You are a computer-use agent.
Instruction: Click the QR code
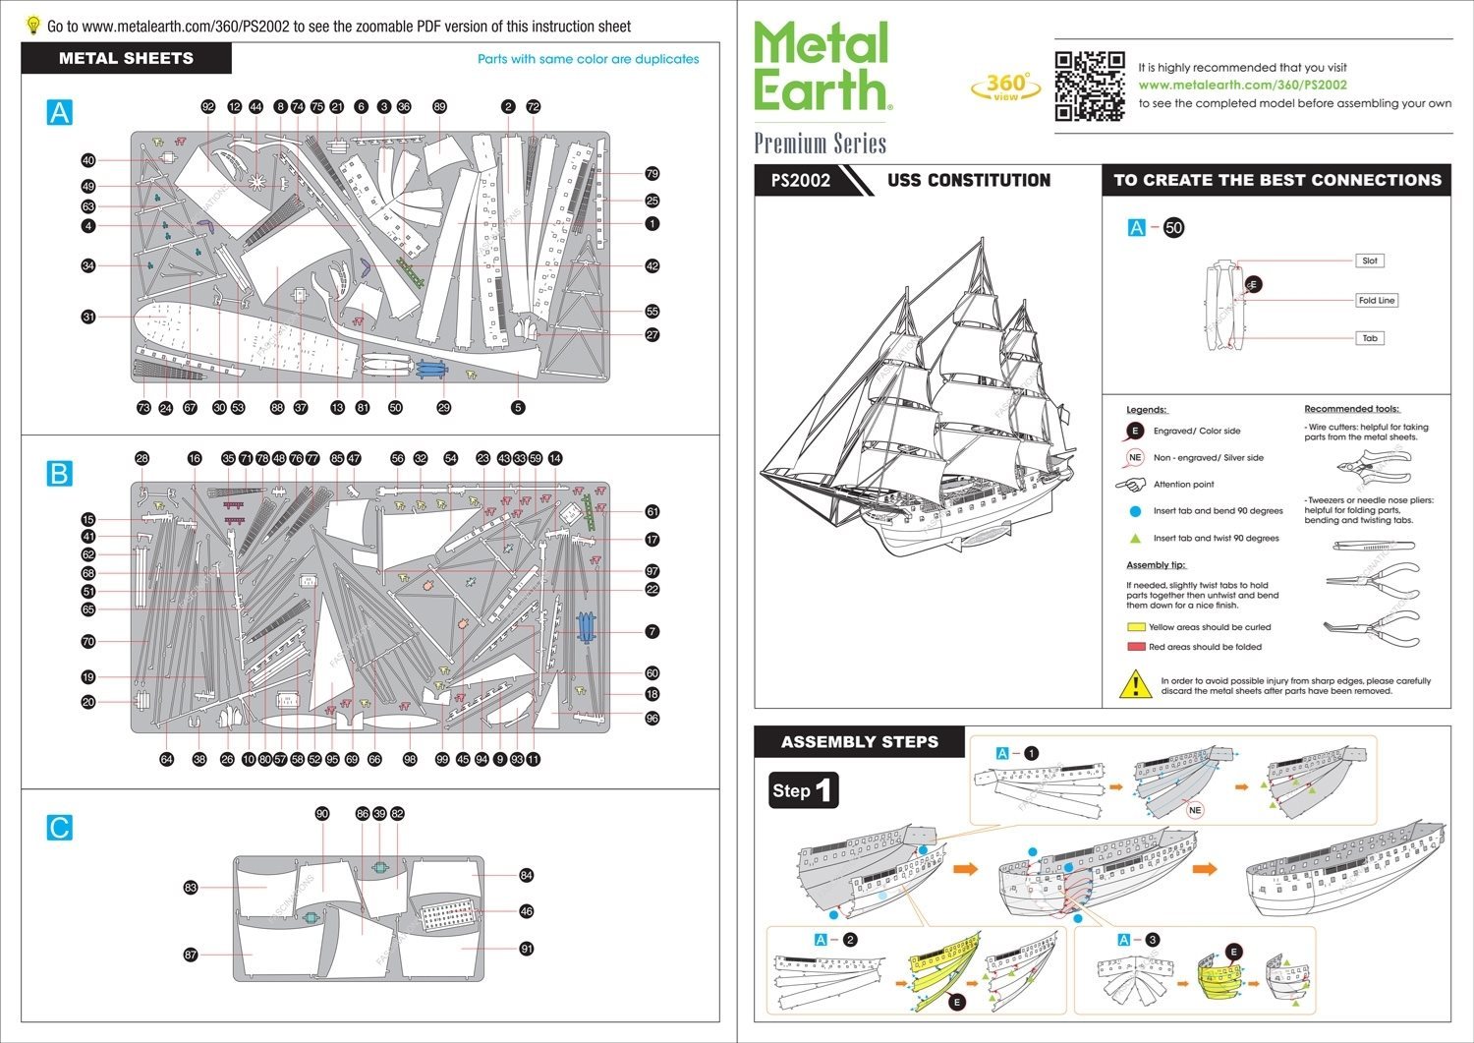(1089, 86)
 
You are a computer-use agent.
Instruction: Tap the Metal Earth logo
(822, 67)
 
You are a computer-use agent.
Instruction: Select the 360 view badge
(1005, 87)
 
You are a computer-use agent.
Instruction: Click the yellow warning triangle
(1136, 684)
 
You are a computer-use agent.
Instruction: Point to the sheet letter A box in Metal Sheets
(59, 113)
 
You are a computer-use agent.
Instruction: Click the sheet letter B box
(59, 474)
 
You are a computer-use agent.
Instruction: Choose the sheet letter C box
(59, 828)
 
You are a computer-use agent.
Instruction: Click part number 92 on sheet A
(207, 107)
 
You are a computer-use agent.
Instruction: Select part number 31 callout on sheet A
(88, 317)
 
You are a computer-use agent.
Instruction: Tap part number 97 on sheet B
(652, 571)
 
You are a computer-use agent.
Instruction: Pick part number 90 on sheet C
(322, 814)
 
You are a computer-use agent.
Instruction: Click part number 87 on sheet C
(191, 955)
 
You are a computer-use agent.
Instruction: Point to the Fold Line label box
(1376, 301)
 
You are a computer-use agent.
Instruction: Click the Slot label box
(1370, 261)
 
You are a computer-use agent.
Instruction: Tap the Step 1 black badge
(805, 790)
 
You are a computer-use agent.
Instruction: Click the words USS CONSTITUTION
(969, 181)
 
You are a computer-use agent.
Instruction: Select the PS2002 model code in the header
(800, 181)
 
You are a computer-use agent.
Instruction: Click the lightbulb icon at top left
(33, 25)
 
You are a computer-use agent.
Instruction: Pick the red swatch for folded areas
(1136, 647)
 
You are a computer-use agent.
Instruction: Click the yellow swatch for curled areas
(1136, 627)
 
